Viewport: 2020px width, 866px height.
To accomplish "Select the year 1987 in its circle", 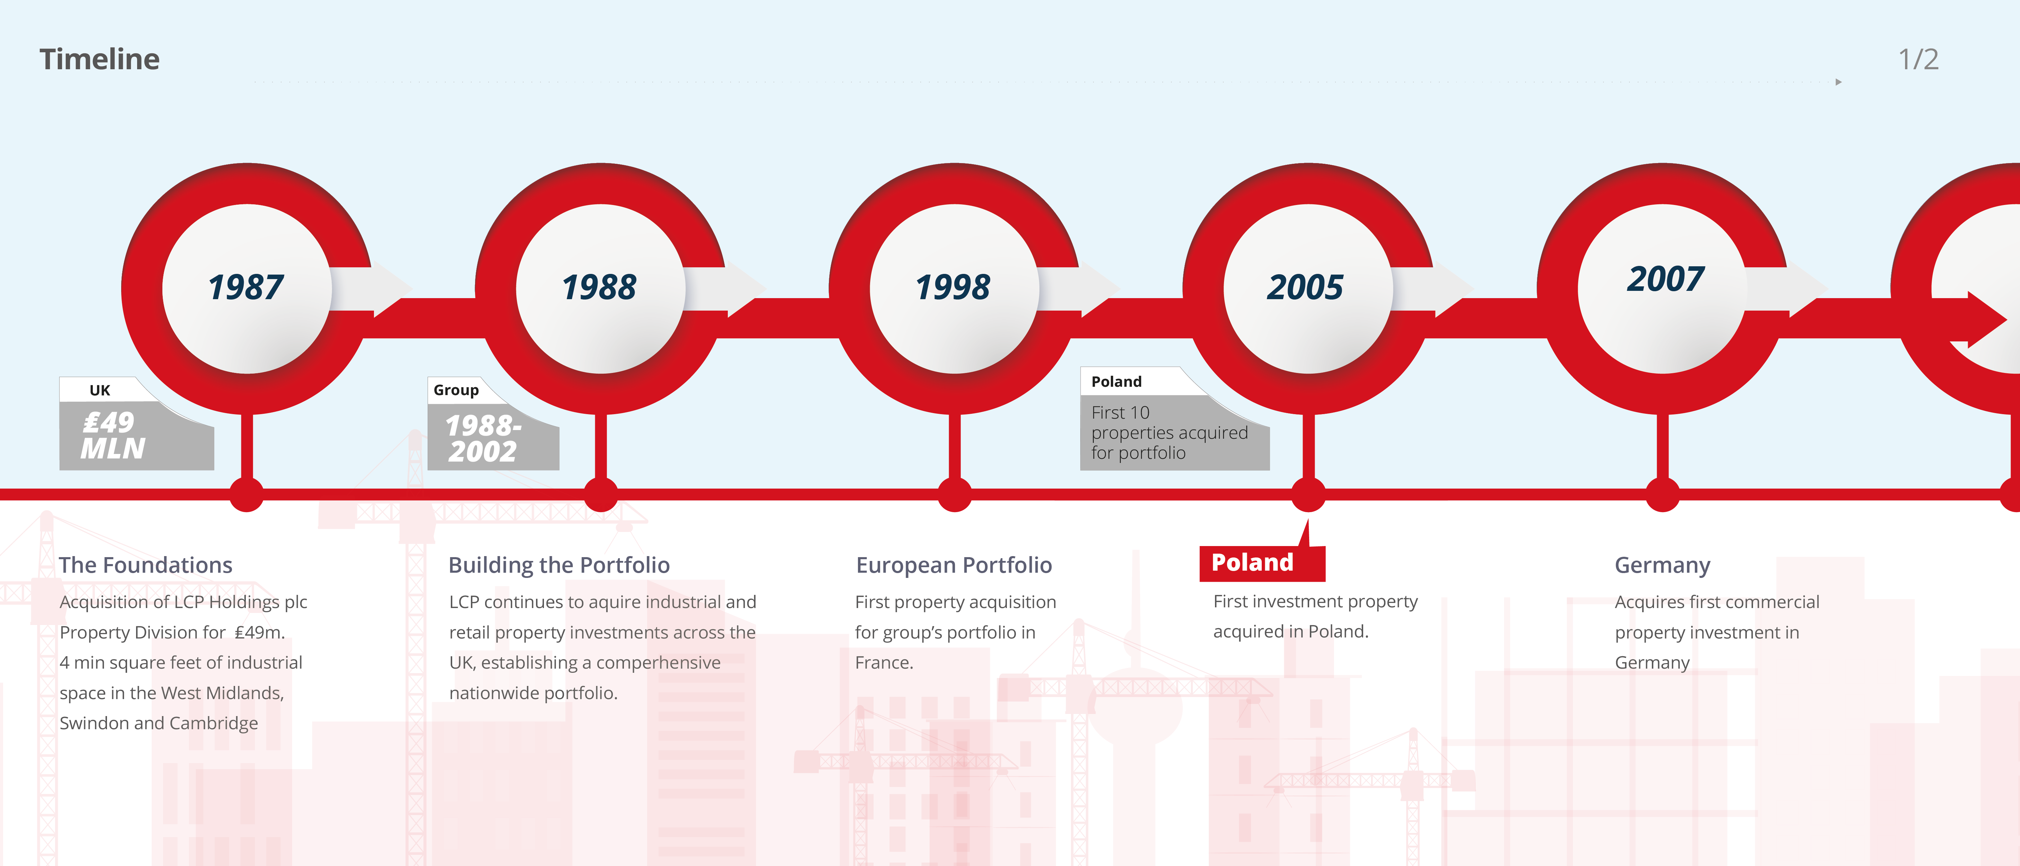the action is tap(245, 287).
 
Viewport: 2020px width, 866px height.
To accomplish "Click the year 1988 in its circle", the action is tap(599, 287).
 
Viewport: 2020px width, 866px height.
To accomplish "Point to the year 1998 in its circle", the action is tap(953, 287).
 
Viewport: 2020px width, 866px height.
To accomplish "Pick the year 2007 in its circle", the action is tap(1665, 279).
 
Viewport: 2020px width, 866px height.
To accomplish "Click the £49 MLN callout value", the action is tap(112, 435).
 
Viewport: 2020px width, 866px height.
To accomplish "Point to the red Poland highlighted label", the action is tap(1252, 562).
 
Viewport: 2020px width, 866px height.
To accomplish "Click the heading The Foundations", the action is tap(146, 565).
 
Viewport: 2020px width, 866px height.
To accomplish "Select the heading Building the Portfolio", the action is tap(559, 565).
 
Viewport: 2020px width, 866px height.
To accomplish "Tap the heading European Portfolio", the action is tap(954, 565).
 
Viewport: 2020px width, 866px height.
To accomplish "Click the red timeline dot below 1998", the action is tap(954, 494).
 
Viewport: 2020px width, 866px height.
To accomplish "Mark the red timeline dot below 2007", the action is tap(1662, 494).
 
